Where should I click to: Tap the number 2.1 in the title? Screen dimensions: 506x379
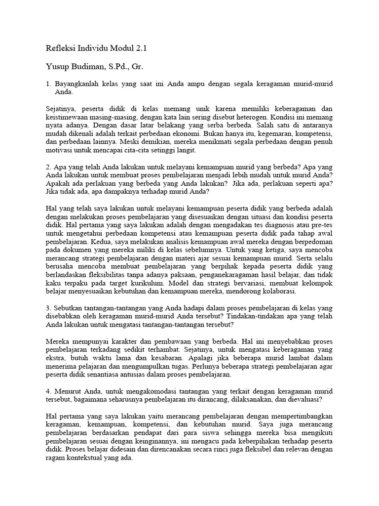click(x=140, y=48)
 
